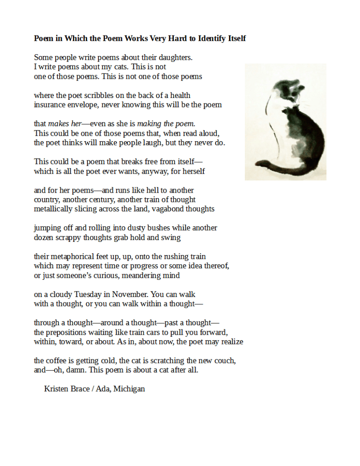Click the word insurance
point(49,105)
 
